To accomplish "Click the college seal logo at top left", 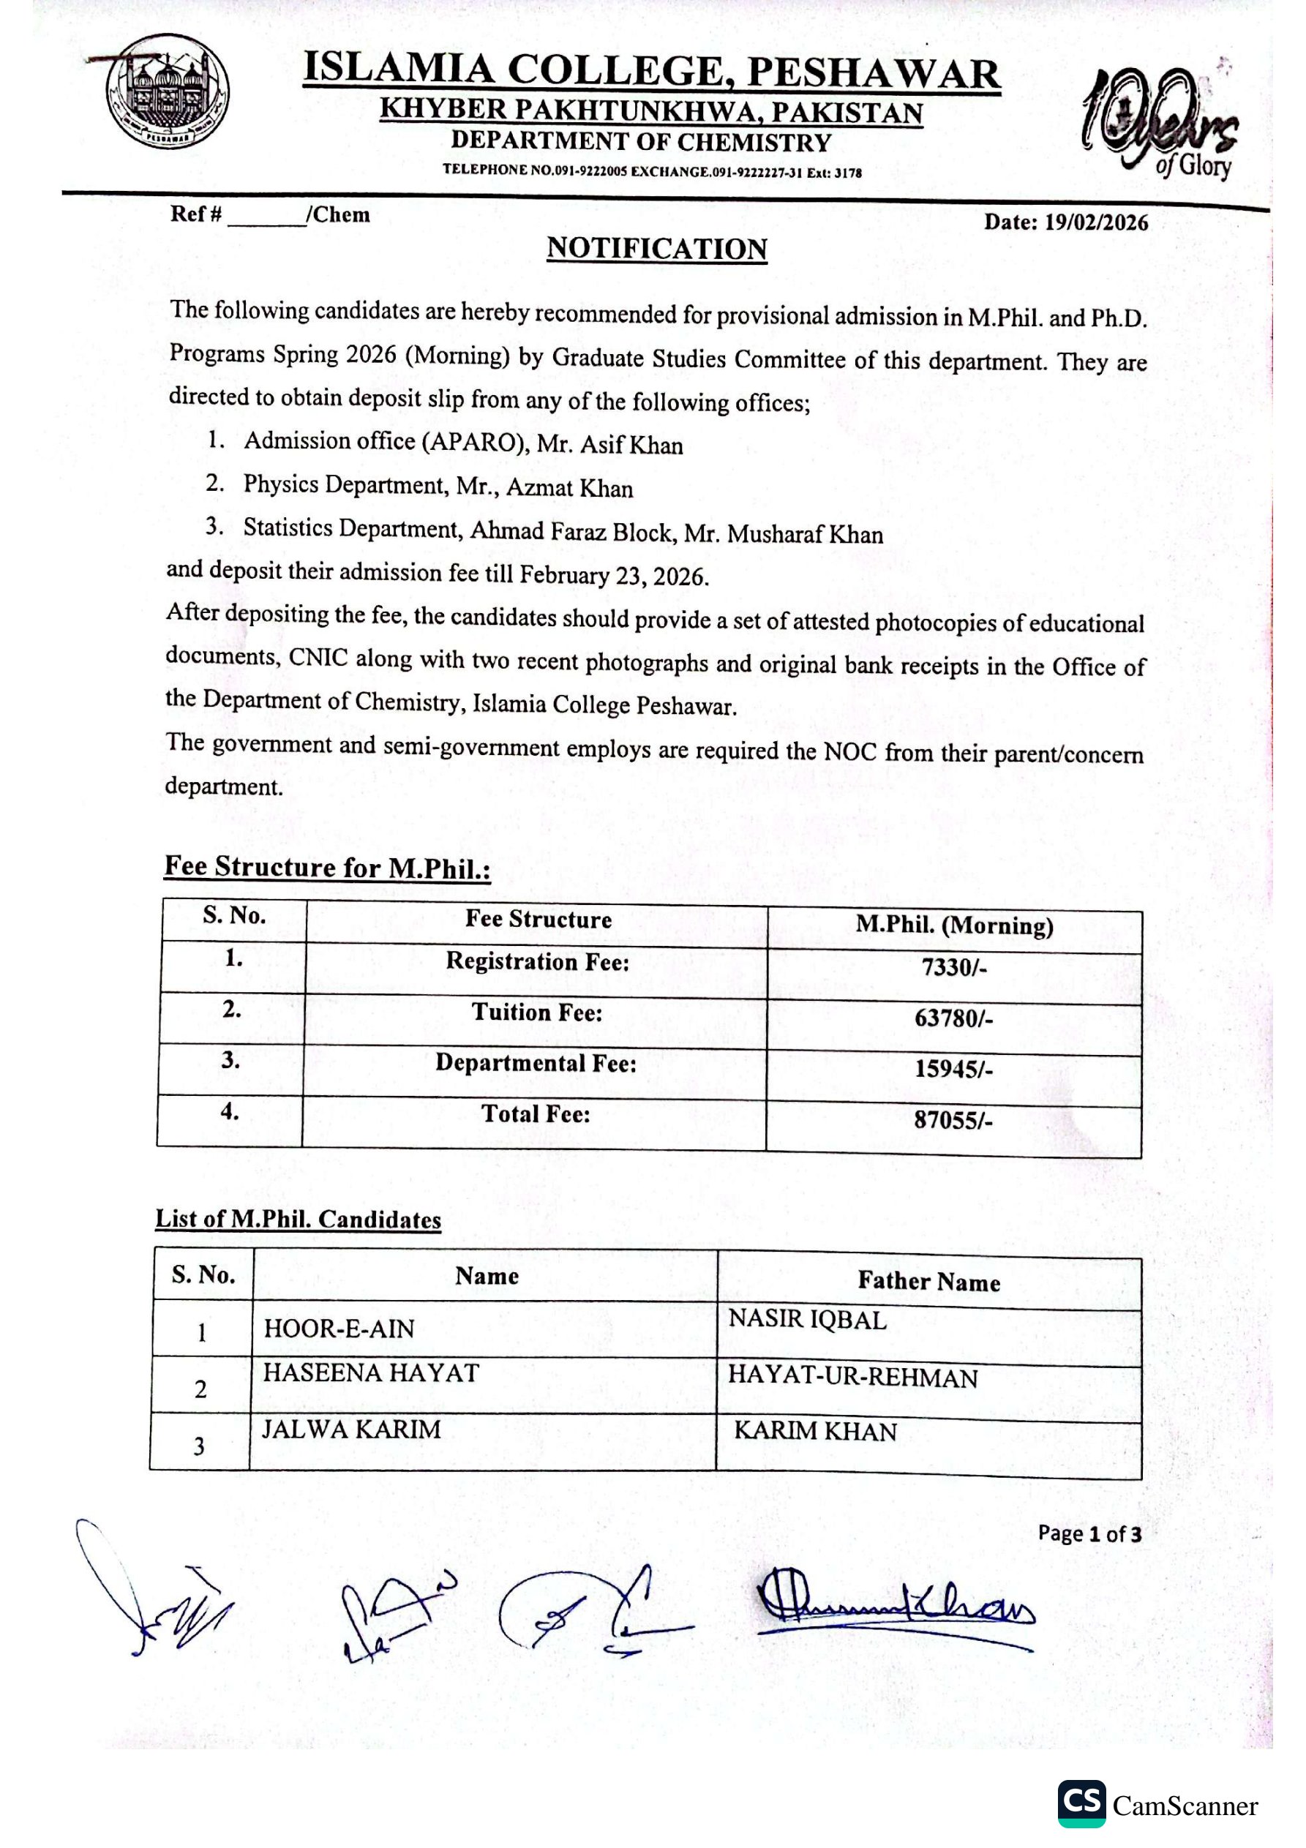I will point(168,90).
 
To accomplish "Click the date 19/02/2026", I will point(1096,223).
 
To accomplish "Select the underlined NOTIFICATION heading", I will point(657,249).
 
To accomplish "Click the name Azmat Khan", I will point(569,488).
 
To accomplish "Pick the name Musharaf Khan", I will point(805,535).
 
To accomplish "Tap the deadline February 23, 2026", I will point(614,576).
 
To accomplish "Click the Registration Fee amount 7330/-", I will point(954,966).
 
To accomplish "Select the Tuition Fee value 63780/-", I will point(953,1018).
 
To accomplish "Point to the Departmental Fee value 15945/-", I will point(953,1069).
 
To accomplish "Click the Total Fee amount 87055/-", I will point(953,1120).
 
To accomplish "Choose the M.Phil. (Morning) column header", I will point(954,925).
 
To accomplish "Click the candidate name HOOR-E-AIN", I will point(339,1329).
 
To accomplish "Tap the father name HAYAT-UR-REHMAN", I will point(852,1377).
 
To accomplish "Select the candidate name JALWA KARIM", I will point(351,1430).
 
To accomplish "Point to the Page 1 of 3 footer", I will point(1089,1533).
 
